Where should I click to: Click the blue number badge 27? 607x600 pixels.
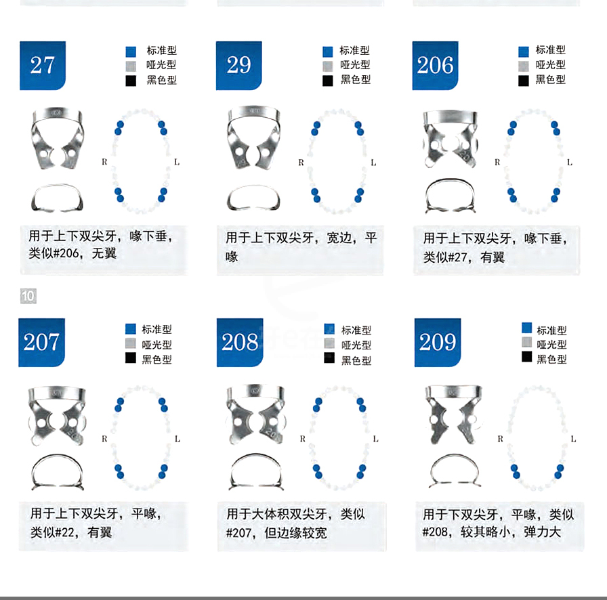42,66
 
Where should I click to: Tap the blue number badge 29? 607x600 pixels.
238,66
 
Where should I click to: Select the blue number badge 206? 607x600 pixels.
435,66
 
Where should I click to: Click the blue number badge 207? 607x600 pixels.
41,343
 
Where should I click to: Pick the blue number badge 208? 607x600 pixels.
240,343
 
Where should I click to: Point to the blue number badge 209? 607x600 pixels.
437,343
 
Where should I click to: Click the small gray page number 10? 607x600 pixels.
28,296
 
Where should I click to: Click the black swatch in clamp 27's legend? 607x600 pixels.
131,81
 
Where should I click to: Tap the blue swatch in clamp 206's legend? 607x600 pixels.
524,51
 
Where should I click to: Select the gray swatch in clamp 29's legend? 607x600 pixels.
328,66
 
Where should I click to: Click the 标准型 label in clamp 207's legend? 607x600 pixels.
156,329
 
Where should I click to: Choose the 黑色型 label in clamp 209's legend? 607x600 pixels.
551,359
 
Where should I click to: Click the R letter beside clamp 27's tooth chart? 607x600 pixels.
104,162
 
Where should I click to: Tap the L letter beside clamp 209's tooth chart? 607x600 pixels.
572,439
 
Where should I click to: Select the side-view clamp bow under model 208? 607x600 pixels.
255,472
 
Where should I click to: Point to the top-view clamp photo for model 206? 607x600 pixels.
448,138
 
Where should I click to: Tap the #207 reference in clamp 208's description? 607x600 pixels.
239,533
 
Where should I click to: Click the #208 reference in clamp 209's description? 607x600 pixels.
436,532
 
